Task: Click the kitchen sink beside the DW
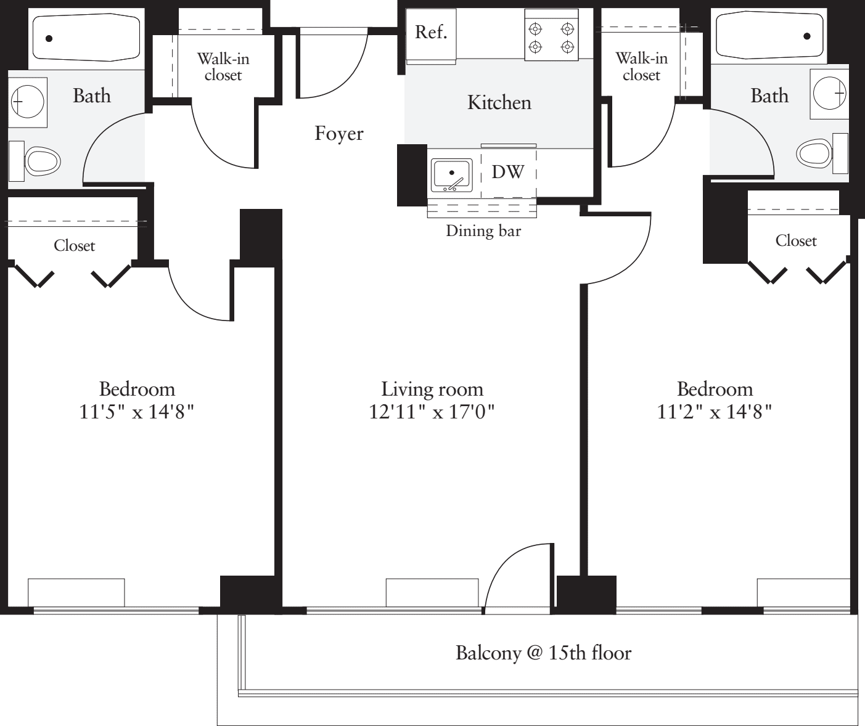coord(452,174)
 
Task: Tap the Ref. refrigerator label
coord(430,33)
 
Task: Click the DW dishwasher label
coord(507,173)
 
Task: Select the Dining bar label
coord(483,231)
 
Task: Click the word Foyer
coord(339,134)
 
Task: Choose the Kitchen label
coord(499,102)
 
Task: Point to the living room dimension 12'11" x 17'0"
coord(432,411)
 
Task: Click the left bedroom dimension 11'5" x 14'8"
coord(137,411)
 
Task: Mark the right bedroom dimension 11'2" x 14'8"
coord(715,411)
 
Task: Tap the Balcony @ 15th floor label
coord(543,653)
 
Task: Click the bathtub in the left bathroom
coord(86,38)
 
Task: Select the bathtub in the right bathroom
coord(769,36)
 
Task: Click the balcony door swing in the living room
coord(518,576)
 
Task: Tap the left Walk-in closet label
coord(223,67)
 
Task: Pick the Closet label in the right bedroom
coord(795,241)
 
